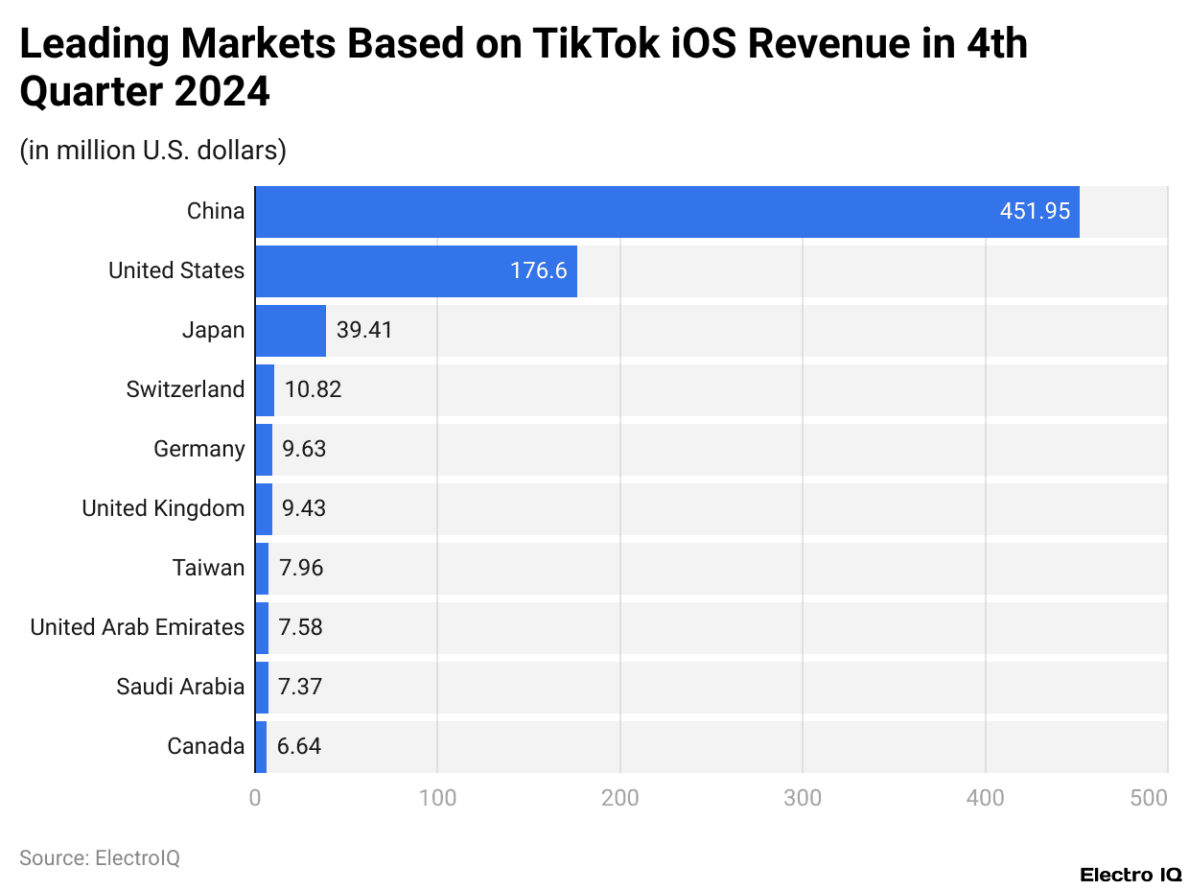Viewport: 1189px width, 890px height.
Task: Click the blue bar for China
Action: point(666,212)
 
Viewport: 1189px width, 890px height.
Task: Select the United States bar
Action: point(415,271)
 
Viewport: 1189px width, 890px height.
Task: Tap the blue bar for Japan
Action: point(291,331)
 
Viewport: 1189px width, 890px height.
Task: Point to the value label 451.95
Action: point(1035,212)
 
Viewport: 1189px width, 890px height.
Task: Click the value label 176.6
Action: point(538,271)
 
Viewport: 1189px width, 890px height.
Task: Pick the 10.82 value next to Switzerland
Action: point(313,389)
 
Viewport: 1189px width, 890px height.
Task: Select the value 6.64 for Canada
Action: point(299,746)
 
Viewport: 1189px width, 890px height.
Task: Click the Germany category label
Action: point(199,449)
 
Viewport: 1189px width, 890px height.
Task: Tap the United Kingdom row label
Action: point(163,508)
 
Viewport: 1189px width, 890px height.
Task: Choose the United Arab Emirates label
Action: point(137,627)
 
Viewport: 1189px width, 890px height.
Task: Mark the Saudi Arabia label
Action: point(180,687)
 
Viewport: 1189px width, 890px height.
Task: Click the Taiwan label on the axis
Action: point(209,568)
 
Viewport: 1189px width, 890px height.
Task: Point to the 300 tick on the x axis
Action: point(803,798)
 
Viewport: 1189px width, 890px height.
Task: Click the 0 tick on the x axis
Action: point(255,798)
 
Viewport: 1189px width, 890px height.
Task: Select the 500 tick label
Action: point(1148,798)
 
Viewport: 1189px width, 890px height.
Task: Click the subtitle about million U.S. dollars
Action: point(153,151)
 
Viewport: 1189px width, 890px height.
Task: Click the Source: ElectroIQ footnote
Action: point(100,857)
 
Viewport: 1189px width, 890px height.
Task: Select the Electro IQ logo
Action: point(1131,875)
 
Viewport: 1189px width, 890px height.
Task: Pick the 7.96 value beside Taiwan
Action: point(301,568)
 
